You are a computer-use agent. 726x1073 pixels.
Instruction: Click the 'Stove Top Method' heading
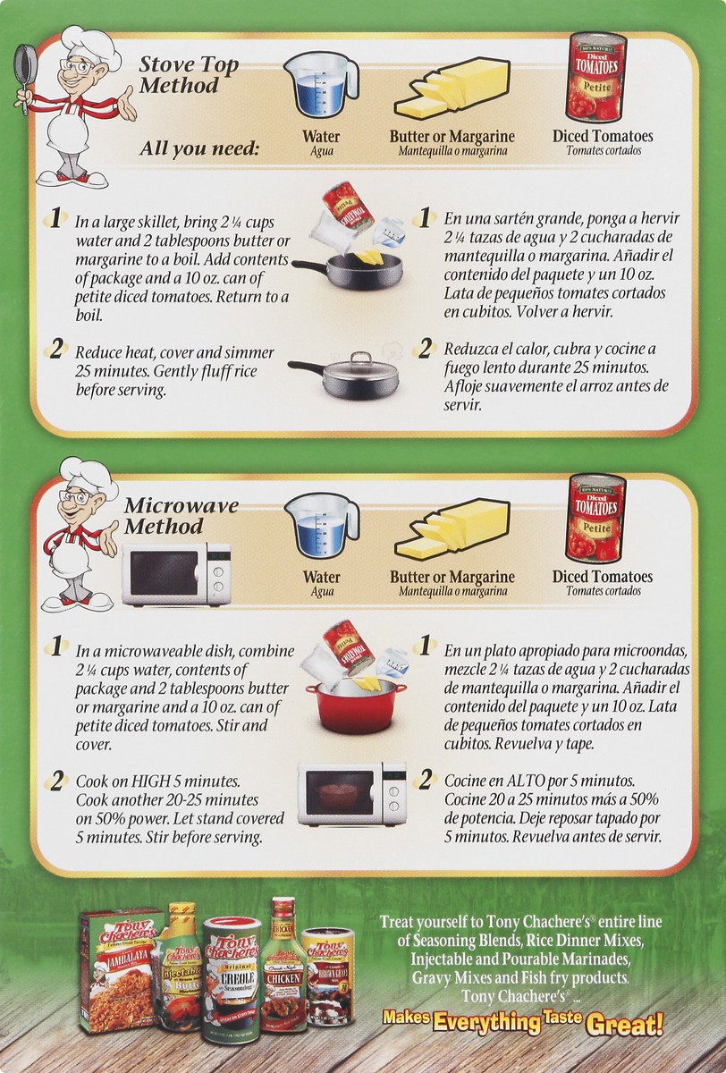point(178,75)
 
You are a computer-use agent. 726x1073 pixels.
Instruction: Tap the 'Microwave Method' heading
point(169,516)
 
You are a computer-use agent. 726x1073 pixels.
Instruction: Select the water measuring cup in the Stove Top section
point(319,86)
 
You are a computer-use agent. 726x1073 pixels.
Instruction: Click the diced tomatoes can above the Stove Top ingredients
point(596,77)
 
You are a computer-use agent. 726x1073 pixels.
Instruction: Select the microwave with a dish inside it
point(350,794)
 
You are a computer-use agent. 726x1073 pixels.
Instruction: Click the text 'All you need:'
point(198,148)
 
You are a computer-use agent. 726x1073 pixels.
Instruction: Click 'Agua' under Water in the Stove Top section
point(321,151)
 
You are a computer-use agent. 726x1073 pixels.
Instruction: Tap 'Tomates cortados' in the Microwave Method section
point(602,591)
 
